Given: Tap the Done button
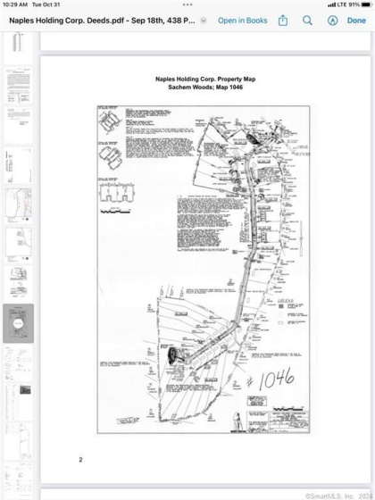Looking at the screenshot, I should (356, 20).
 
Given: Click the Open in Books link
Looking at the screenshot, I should (242, 20).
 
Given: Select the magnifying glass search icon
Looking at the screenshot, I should (308, 20).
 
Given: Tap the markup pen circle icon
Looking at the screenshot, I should (332, 20).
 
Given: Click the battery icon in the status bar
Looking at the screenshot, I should (366, 4).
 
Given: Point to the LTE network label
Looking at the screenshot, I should (341, 4).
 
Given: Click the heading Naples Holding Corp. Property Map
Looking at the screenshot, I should (205, 79).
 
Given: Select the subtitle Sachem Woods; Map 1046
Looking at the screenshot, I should (205, 87).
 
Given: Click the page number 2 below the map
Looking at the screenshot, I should (80, 459).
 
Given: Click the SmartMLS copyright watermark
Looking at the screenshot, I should (337, 496).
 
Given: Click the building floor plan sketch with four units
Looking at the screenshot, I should (115, 194).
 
